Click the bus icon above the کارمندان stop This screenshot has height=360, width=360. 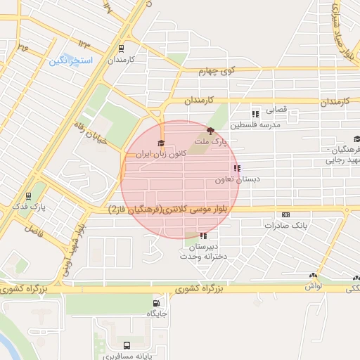coord(122,49)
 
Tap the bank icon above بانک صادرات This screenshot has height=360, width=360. coord(285,214)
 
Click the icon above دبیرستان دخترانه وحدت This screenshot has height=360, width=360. coord(203,236)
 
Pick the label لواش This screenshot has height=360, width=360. coord(314,286)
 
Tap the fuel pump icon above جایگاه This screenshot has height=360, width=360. coord(155,304)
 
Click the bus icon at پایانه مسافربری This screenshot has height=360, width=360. coord(127,345)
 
